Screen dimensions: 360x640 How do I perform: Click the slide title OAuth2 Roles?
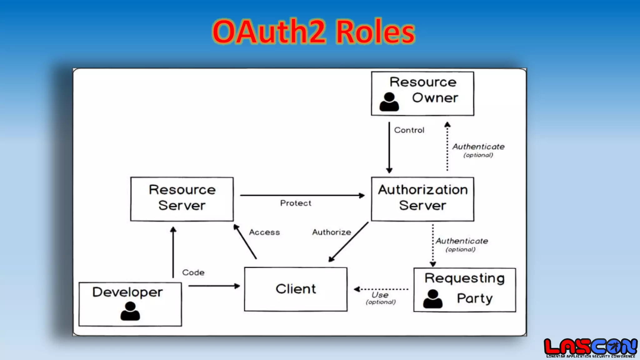313,32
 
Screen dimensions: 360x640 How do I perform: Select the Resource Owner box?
422,93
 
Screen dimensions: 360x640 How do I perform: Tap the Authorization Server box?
422,199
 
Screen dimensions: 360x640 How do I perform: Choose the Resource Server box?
182,199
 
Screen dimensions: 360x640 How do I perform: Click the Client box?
296,289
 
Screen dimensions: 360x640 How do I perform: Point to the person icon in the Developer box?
130,311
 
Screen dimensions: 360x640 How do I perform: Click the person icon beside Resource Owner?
389,102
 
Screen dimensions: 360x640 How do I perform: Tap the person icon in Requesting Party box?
433,299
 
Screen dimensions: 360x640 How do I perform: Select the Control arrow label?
409,130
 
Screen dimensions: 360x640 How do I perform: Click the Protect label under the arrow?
296,203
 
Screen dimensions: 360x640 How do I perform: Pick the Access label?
264,232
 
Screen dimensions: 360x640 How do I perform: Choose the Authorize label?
332,232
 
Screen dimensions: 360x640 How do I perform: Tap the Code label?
193,272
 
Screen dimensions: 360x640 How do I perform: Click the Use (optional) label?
381,298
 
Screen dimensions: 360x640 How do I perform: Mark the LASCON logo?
590,347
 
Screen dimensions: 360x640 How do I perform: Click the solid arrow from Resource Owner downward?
389,147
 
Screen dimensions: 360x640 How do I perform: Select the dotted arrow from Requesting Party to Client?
381,289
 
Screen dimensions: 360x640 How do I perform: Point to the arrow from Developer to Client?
214,286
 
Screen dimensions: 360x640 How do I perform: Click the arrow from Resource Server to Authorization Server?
302,196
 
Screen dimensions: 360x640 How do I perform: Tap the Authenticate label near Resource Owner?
478,147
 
